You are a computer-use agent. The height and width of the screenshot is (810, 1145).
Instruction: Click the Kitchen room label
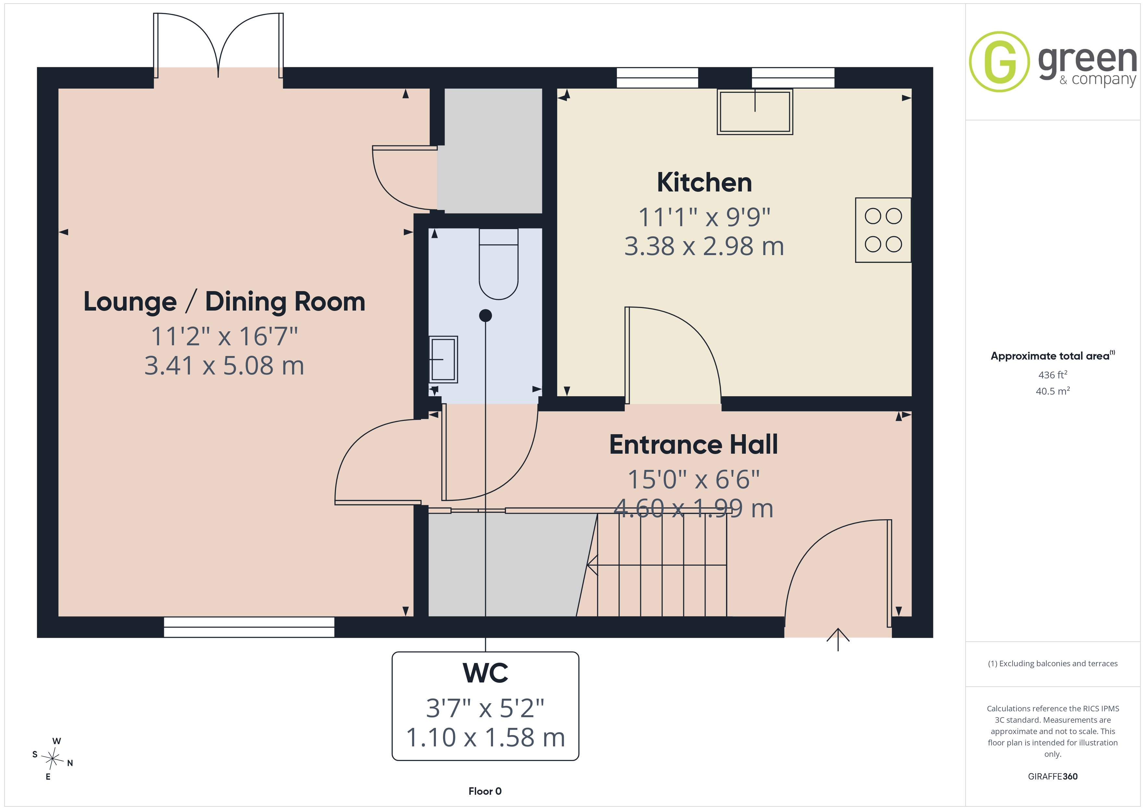tap(704, 183)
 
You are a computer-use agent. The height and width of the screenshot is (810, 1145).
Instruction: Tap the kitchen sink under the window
tap(755, 112)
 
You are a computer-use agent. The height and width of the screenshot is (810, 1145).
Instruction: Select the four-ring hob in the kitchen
tap(883, 230)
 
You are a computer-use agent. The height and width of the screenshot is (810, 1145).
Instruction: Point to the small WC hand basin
tap(443, 359)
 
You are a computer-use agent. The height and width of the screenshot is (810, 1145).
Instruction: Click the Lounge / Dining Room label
tap(224, 302)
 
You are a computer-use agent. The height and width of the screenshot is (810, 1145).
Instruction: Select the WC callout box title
tap(485, 673)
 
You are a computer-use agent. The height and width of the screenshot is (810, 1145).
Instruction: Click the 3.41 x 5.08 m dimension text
tap(224, 366)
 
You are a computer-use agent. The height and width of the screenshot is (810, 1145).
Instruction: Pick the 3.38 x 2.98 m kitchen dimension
tap(704, 246)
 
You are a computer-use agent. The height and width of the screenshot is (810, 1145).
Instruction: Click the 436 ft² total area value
tap(1053, 374)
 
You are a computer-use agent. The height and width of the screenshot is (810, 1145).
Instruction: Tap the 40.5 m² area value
tap(1053, 391)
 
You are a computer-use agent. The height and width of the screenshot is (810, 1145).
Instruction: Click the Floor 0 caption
tap(485, 791)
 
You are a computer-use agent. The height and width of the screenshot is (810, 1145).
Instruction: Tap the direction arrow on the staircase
tap(657, 565)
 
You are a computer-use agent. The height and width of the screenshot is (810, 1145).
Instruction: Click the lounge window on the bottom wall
tap(249, 627)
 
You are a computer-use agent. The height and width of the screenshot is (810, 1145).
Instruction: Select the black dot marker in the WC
tap(485, 315)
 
